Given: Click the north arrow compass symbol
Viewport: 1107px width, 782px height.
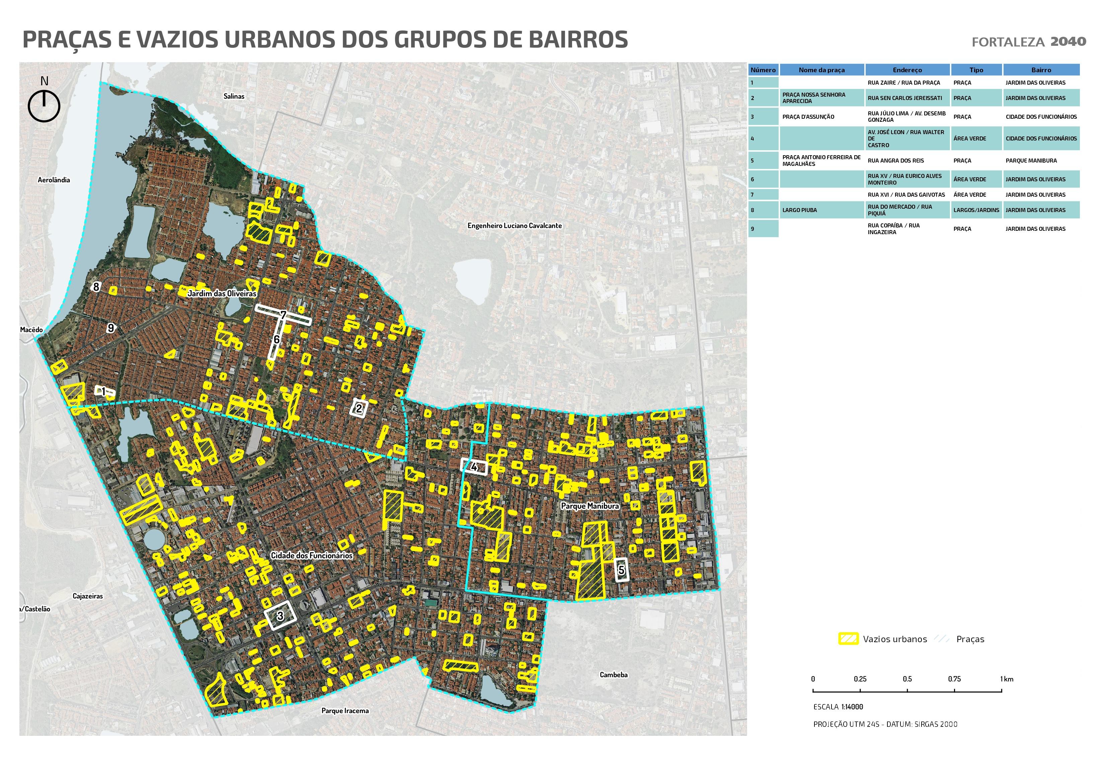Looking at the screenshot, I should pos(44,105).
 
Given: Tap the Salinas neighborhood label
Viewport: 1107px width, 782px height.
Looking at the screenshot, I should pos(234,96).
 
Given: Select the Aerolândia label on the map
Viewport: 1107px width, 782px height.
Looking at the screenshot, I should pos(54,180).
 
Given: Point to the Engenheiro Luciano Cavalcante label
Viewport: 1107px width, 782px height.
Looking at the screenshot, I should pos(515,225).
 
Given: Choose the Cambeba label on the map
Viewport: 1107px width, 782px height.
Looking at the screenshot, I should pos(613,675).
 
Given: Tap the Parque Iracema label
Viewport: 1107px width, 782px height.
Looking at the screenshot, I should pos(345,711).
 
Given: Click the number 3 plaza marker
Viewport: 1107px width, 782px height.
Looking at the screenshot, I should pos(280,615).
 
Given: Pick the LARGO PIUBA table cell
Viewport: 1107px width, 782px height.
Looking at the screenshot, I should pos(799,210).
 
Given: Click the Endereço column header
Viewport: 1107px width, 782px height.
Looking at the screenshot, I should pos(907,70).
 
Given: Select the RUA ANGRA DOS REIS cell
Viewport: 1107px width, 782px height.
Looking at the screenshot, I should pos(896,161).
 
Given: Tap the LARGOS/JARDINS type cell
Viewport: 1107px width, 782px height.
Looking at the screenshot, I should pos(976,210).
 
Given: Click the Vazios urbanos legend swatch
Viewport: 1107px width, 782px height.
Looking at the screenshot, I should pos(848,639).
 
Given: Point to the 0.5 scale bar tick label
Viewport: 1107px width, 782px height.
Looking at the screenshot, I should pos(907,679).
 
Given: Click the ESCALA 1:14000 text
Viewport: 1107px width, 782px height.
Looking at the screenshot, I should pos(838,707).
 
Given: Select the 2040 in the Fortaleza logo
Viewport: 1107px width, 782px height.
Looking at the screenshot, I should pos(1068,41).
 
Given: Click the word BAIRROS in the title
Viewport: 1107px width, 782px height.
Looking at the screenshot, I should pos(578,39).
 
